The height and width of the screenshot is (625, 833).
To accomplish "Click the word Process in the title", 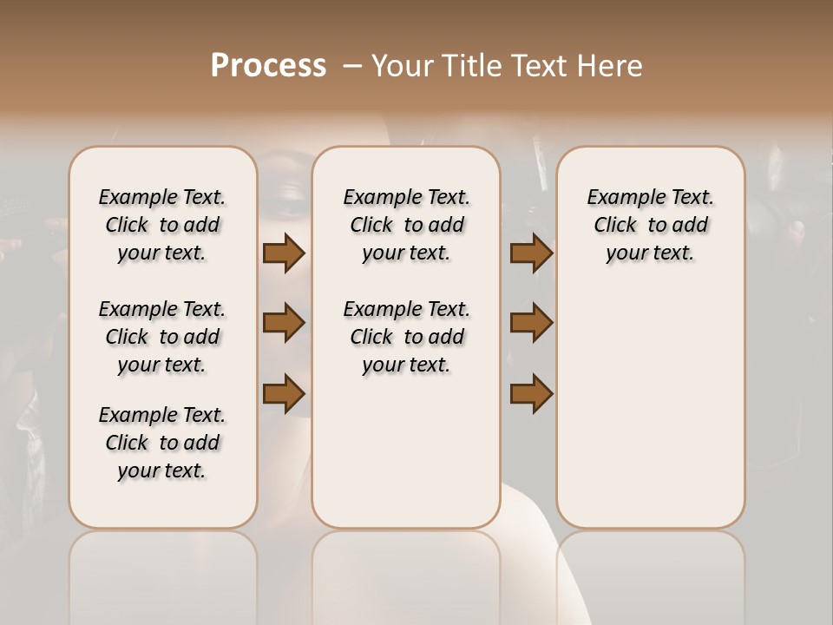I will (268, 66).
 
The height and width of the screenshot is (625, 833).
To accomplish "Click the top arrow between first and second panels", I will (284, 253).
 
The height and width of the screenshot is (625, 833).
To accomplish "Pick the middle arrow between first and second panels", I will (284, 323).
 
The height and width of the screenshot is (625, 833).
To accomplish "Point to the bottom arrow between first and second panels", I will (284, 393).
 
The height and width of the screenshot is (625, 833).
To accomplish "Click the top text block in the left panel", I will (162, 225).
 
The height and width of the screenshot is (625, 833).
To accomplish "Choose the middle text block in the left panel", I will (162, 337).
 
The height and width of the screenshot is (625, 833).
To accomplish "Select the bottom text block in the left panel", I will (162, 443).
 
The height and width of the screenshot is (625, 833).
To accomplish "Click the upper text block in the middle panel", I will (406, 225).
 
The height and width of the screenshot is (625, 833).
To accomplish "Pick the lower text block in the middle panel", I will (406, 337).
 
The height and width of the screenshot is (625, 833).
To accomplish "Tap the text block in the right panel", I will (650, 225).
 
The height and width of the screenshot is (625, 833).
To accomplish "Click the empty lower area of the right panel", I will (650, 408).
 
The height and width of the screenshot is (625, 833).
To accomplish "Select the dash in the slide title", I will (351, 66).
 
